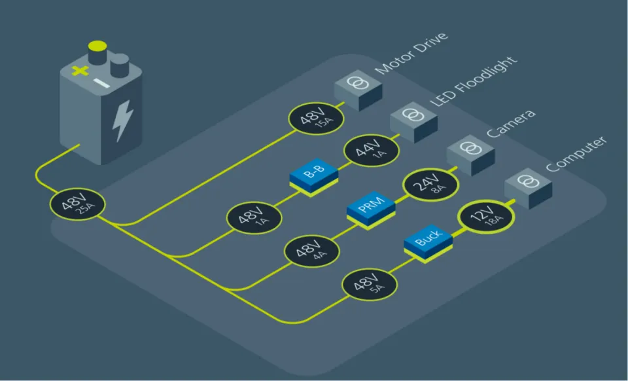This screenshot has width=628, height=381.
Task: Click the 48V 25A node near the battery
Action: point(77,204)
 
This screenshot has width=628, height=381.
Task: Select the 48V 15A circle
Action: point(316,118)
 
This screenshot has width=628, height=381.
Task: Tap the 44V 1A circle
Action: point(372,151)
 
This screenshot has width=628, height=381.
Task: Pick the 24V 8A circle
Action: point(430,185)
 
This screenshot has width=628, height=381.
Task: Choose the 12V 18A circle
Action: point(486,216)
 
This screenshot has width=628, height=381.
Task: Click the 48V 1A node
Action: point(254,218)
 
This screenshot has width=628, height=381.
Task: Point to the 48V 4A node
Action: point(311,251)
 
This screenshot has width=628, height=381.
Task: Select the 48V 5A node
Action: point(369,285)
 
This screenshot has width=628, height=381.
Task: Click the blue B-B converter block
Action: point(314,177)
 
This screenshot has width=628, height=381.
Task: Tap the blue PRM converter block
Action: point(372,210)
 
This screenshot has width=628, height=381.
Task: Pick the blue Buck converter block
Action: point(428,244)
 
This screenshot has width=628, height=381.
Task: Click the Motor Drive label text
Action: point(411,53)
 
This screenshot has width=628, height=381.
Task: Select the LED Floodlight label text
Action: point(474,81)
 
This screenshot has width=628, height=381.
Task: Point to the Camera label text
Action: point(511,123)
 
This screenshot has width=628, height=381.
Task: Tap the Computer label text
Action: point(576,154)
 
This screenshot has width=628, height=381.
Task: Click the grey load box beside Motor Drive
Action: point(358,90)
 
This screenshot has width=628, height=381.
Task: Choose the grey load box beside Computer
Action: point(529,189)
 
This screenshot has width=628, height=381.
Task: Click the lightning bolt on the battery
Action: point(122,120)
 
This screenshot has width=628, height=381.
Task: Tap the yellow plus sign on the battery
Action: point(80,71)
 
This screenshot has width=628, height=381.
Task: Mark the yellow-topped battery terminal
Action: point(97,52)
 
